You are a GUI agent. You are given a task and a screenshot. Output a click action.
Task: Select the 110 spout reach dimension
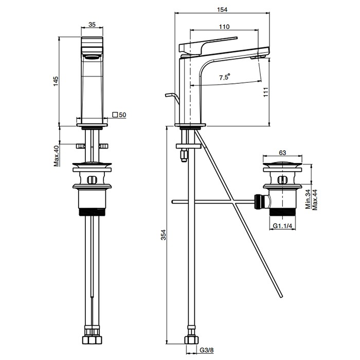[223, 27]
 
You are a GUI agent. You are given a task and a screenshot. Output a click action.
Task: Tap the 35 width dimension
[93, 23]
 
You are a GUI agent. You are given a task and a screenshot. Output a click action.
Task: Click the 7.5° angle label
[225, 77]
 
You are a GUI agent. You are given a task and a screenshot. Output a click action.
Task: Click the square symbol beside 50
[115, 114]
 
